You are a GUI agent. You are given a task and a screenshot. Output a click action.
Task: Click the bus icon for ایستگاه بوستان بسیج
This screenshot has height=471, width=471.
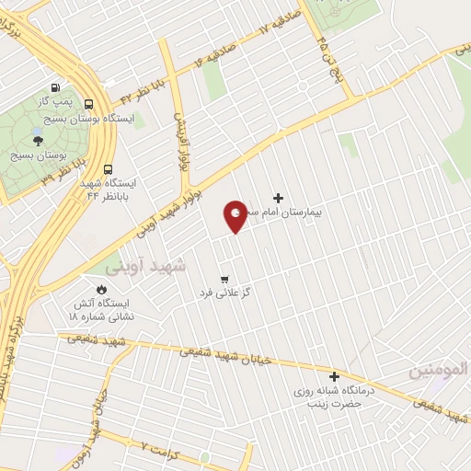89,104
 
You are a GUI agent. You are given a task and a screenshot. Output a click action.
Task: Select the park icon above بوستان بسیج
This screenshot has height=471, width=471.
38,138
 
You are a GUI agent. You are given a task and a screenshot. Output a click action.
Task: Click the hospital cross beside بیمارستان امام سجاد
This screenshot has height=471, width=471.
279,198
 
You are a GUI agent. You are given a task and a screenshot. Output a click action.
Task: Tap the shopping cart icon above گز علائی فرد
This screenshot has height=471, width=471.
224,279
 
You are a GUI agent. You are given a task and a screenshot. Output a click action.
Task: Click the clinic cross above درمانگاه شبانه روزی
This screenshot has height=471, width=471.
334,375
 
